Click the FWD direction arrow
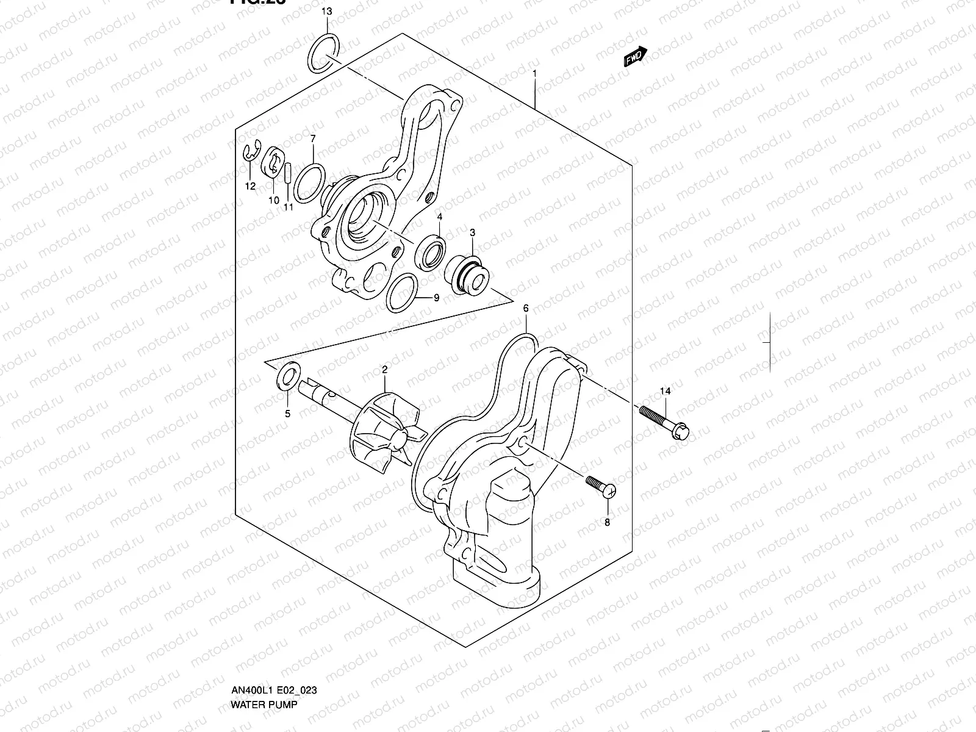pyautogui.click(x=635, y=56)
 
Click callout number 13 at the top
pyautogui.click(x=327, y=12)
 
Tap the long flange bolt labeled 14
pyautogui.click(x=664, y=421)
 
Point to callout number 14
pyautogui.click(x=665, y=390)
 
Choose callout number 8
pyautogui.click(x=607, y=522)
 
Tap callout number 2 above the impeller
pyautogui.click(x=385, y=369)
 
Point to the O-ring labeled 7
pyautogui.click(x=308, y=182)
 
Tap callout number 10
pyautogui.click(x=273, y=200)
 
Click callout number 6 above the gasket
pyautogui.click(x=526, y=309)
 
